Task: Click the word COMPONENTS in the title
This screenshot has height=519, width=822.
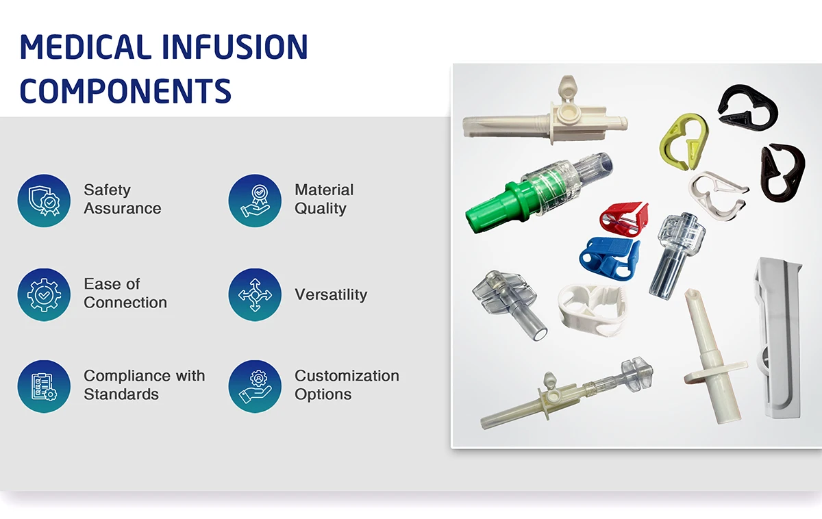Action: click(125, 90)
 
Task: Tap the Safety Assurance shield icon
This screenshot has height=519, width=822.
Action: click(44, 200)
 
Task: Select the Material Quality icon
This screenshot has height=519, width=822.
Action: click(255, 200)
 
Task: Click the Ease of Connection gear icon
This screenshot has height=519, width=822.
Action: click(44, 294)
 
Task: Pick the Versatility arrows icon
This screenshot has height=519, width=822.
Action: click(255, 294)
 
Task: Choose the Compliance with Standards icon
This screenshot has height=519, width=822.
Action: click(44, 386)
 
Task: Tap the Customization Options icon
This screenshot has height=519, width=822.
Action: click(255, 386)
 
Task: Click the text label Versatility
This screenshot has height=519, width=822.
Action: click(331, 294)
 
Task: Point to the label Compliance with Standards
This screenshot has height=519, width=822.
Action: click(144, 385)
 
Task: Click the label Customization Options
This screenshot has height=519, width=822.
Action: click(347, 385)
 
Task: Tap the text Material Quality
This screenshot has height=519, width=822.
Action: click(324, 199)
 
